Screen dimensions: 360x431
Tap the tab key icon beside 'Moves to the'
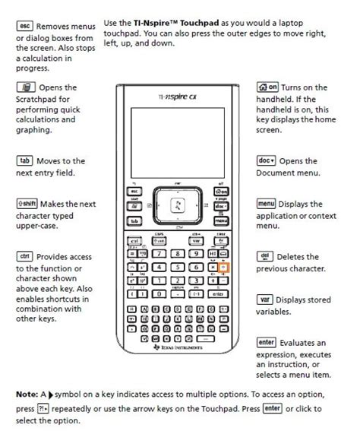(24, 161)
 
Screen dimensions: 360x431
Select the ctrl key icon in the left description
(24, 256)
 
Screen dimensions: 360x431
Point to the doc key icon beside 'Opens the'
(267, 161)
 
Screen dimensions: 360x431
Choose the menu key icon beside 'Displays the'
(267, 204)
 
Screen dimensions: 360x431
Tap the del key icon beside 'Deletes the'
(266, 256)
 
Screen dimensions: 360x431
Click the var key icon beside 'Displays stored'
(266, 299)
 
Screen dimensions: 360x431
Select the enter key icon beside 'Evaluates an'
(267, 342)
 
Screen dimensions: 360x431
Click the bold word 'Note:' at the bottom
(29, 395)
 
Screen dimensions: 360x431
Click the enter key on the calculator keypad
(217, 293)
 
